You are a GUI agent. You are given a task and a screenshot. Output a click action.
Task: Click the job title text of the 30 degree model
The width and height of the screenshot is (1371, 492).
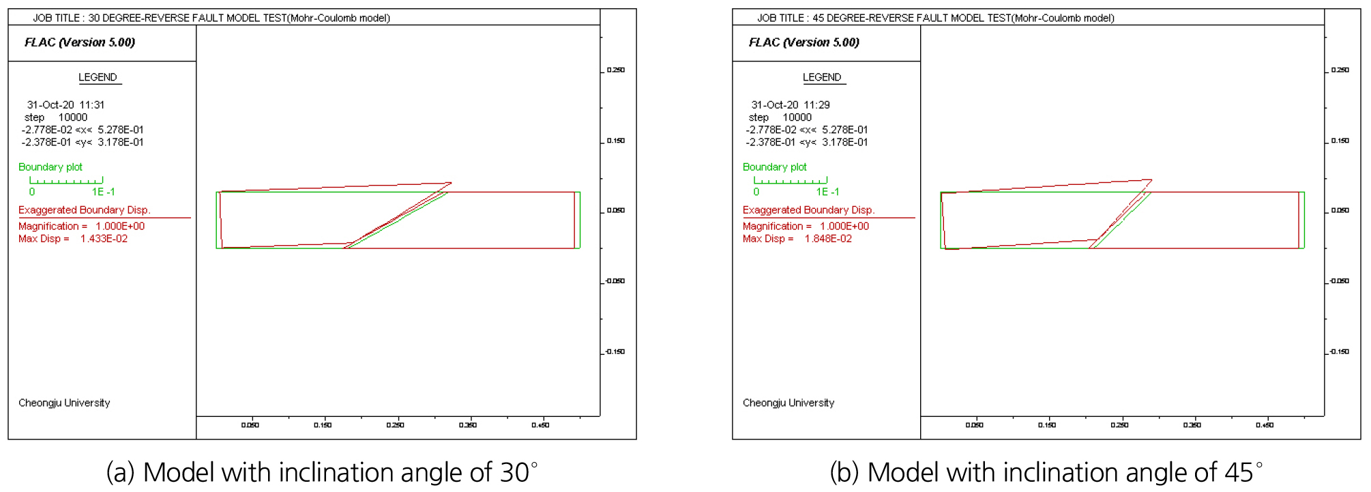pyautogui.click(x=211, y=18)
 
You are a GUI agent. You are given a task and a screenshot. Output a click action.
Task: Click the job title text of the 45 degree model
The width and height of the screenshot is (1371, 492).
pyautogui.click(x=936, y=18)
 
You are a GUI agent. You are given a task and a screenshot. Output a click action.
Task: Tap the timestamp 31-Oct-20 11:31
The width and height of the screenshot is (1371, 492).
pyautogui.click(x=65, y=105)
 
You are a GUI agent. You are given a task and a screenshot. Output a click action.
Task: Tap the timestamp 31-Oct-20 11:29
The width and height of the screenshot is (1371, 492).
pyautogui.click(x=791, y=105)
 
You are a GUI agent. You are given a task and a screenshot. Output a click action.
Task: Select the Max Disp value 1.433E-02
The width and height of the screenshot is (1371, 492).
pyautogui.click(x=104, y=239)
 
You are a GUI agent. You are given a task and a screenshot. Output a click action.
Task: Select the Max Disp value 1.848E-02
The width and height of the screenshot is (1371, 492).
pyautogui.click(x=828, y=239)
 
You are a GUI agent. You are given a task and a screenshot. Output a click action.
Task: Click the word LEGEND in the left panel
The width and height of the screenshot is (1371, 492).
pyautogui.click(x=98, y=77)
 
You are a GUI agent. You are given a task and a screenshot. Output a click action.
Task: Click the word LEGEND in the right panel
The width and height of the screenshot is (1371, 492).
pyautogui.click(x=822, y=77)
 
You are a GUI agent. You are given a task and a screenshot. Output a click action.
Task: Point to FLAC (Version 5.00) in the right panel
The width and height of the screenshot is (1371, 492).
pyautogui.click(x=804, y=42)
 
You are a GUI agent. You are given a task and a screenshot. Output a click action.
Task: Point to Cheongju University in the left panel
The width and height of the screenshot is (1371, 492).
pyautogui.click(x=64, y=403)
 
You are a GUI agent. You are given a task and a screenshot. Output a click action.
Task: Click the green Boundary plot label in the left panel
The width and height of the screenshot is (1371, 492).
pyautogui.click(x=50, y=167)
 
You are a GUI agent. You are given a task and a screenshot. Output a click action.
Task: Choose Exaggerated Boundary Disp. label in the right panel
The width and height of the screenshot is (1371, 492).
pyautogui.click(x=808, y=210)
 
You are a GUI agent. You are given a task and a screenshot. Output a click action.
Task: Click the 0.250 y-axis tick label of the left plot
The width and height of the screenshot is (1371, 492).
pyautogui.click(x=616, y=70)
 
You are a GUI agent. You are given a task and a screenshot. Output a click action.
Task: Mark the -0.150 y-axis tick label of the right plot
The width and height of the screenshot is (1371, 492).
pyautogui.click(x=1339, y=352)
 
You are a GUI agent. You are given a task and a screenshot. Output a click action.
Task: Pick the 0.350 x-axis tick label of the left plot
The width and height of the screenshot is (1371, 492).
pyautogui.click(x=468, y=425)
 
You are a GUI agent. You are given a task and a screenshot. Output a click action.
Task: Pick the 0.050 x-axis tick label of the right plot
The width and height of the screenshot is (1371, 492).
pyautogui.click(x=975, y=425)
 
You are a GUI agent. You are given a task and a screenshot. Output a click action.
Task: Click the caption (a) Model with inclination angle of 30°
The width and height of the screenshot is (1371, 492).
pyautogui.click(x=322, y=472)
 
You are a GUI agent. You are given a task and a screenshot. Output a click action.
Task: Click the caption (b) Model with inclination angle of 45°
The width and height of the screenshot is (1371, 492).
pyautogui.click(x=1046, y=472)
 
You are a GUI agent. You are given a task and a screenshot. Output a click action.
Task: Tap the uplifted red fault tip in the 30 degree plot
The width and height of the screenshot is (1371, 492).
pyautogui.click(x=452, y=183)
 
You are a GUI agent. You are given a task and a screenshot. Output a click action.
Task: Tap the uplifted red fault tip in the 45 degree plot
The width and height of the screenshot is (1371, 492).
pyautogui.click(x=1152, y=180)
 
